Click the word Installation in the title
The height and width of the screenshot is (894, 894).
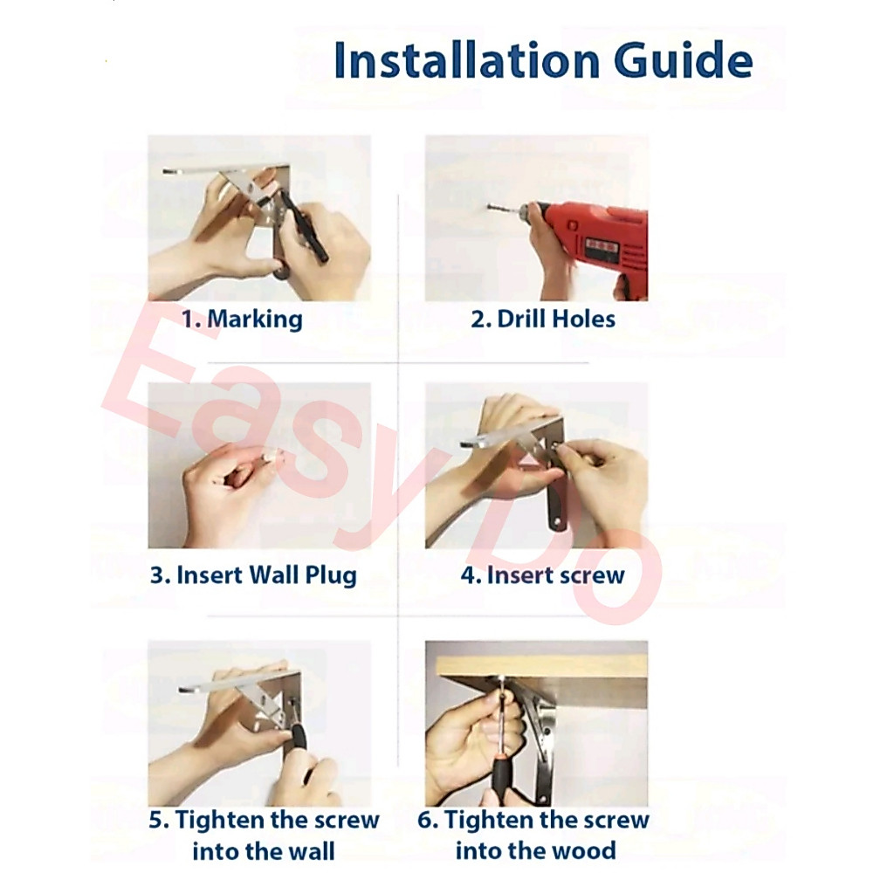(467, 59)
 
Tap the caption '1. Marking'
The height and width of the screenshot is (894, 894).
(243, 320)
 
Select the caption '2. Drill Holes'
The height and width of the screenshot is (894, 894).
(543, 319)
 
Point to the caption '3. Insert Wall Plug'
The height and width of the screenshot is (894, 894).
(254, 575)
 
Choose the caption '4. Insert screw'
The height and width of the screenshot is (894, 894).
(543, 574)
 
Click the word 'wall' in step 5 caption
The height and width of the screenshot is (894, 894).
(312, 851)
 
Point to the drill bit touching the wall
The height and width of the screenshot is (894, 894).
(504, 210)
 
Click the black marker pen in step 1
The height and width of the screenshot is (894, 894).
(305, 227)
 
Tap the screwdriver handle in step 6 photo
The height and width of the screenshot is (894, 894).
(503, 774)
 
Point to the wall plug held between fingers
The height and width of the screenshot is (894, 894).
(272, 455)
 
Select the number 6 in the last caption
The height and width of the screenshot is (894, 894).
(426, 821)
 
